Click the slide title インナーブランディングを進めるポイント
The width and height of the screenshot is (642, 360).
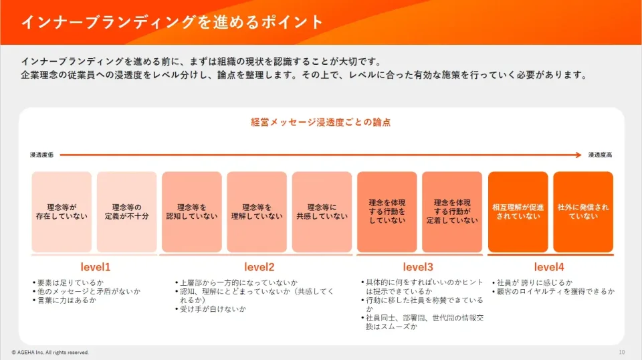173,22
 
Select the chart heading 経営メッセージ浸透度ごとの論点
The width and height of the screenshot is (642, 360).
320,122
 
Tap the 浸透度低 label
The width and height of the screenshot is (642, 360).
41,155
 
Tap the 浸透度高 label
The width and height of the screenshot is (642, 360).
601,155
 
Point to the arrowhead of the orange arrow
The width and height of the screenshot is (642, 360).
579,155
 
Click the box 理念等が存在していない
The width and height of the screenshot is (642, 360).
62,211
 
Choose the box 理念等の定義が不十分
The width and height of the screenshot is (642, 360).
126,211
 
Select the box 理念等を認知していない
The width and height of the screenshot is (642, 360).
192,211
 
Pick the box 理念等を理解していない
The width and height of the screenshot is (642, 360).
257,211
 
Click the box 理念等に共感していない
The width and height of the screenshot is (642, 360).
322,211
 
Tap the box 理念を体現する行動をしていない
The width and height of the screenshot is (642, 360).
387,211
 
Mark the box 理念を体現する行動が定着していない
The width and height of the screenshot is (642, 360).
452,211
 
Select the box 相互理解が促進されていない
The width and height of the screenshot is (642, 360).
518,211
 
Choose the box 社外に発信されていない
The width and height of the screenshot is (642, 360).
583,211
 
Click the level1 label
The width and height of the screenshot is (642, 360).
96,267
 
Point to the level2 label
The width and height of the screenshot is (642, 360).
259,267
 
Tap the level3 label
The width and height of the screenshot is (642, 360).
418,267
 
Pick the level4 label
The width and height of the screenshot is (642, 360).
549,267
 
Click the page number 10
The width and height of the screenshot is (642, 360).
622,352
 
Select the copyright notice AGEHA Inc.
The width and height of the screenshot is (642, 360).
50,352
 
